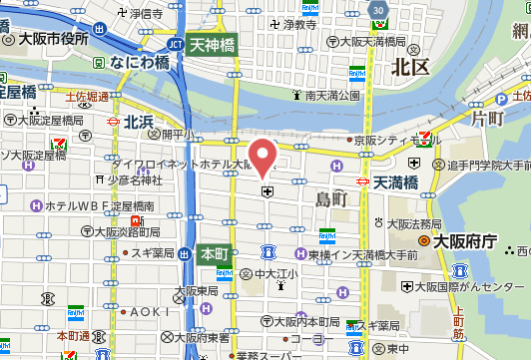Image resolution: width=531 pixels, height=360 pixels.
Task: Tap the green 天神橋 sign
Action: point(212,44)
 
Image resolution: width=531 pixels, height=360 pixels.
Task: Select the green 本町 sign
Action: point(213,253)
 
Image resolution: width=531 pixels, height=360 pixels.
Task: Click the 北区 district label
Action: point(409,67)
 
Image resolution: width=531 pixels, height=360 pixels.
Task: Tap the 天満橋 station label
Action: point(397,182)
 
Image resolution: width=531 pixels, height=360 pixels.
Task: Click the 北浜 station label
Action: point(139,121)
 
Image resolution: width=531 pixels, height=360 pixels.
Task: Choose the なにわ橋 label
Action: point(140,61)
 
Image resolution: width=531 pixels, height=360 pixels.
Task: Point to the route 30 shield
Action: point(376,10)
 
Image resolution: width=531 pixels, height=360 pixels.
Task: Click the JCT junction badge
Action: point(174,44)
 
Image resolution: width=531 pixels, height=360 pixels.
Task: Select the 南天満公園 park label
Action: point(332,96)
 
